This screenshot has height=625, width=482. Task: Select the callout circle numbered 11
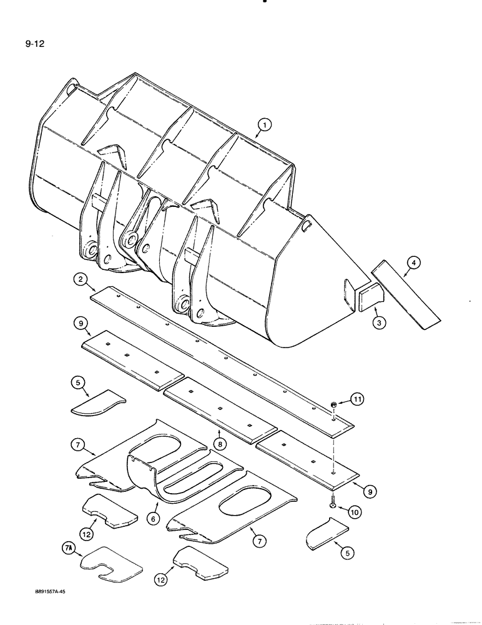click(x=355, y=398)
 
